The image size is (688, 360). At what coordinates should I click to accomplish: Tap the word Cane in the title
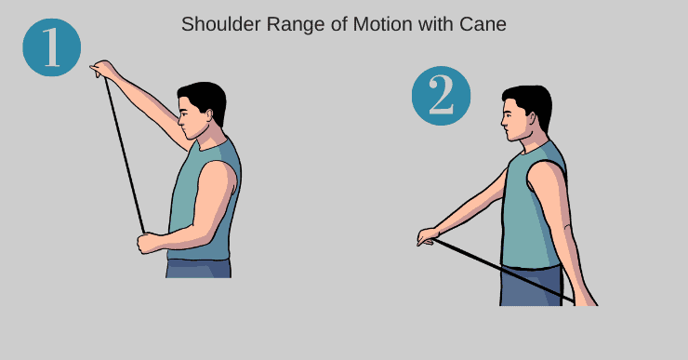pyautogui.click(x=483, y=24)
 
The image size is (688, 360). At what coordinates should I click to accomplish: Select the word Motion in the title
pyautogui.click(x=383, y=24)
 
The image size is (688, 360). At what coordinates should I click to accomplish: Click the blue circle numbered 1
pyautogui.click(x=52, y=47)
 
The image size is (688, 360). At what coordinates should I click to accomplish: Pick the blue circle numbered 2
pyautogui.click(x=441, y=96)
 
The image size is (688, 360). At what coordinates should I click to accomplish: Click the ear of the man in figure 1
pyautogui.click(x=209, y=115)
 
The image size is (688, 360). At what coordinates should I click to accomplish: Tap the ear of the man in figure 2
pyautogui.click(x=533, y=119)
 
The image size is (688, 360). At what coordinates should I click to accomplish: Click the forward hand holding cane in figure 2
pyautogui.click(x=428, y=237)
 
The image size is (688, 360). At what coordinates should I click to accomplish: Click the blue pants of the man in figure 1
pyautogui.click(x=198, y=268)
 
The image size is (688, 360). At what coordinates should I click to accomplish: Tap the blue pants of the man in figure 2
pyautogui.click(x=532, y=286)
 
